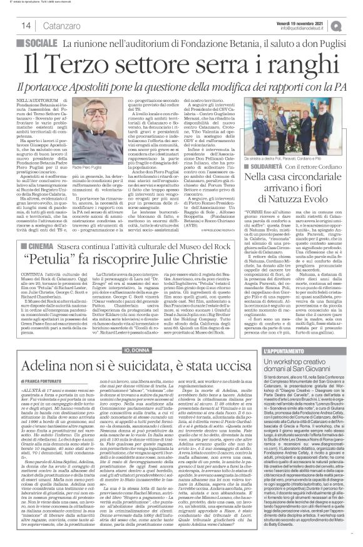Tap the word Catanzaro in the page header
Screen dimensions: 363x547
pos(46,26)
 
